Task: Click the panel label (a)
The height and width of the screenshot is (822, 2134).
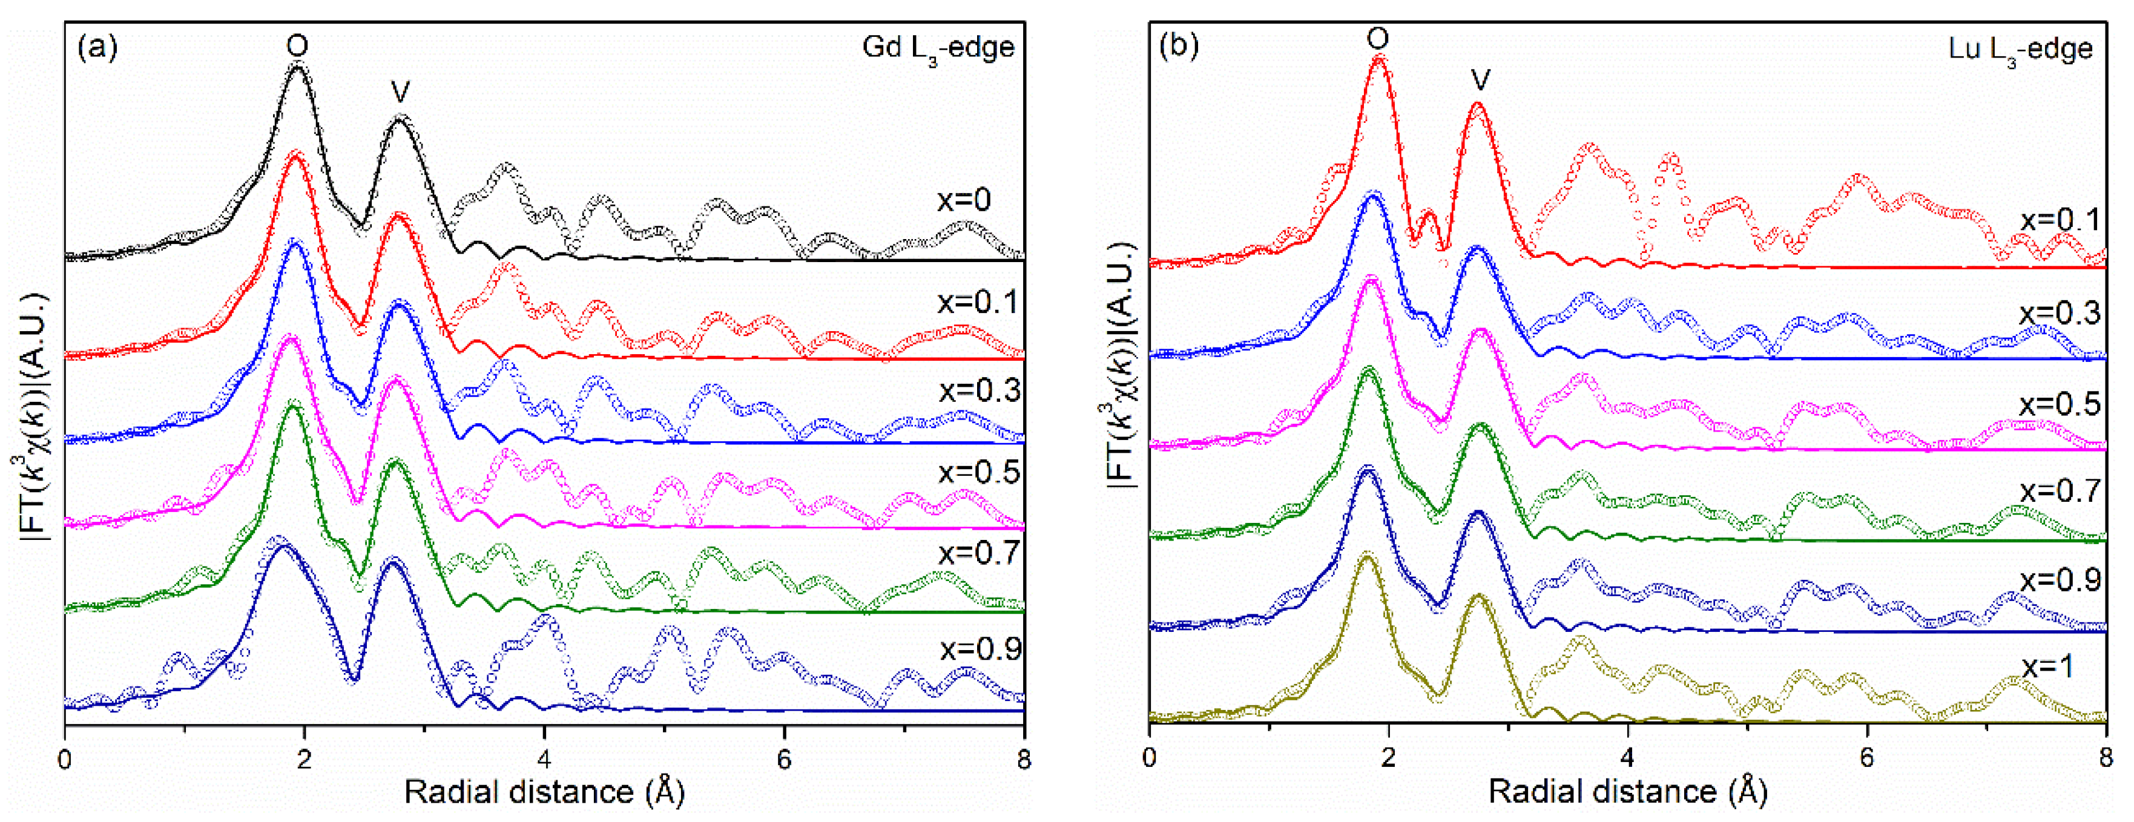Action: [97, 47]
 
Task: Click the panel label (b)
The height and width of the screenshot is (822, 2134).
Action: [1178, 47]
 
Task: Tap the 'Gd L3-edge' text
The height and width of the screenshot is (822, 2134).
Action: [938, 48]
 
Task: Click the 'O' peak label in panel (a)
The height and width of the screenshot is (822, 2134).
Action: [297, 45]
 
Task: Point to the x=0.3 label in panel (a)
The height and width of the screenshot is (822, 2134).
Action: [979, 390]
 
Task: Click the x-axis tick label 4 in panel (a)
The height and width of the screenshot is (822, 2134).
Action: [544, 759]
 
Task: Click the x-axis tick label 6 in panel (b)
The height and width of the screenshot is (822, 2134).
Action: [1866, 759]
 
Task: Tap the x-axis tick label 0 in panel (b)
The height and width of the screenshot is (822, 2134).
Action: [1149, 759]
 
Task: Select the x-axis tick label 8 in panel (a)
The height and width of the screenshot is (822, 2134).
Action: [1024, 759]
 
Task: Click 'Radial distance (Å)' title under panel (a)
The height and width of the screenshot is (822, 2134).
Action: [544, 792]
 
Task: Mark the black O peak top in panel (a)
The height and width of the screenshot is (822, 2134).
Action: [297, 67]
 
